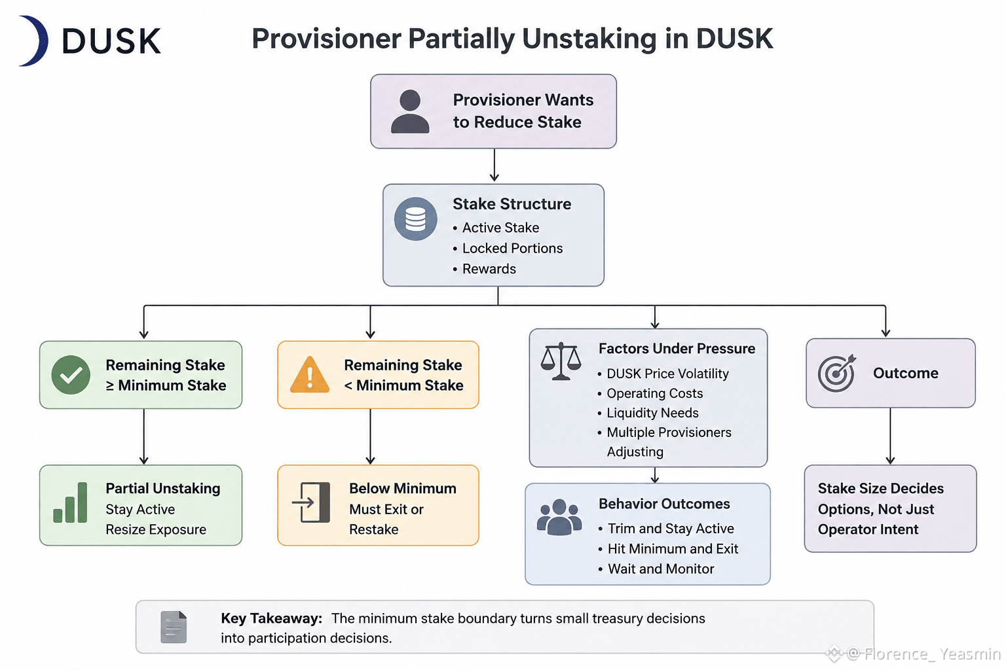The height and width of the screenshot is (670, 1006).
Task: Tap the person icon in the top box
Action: (410, 112)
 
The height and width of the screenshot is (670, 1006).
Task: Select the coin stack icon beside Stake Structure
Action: (415, 219)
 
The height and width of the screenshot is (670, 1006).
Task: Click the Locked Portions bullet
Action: (508, 248)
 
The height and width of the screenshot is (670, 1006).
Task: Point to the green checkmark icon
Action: (71, 375)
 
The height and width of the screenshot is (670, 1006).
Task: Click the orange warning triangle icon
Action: (310, 375)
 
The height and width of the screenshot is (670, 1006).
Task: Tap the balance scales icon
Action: (561, 361)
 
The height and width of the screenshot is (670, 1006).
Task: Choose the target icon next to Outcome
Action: (836, 374)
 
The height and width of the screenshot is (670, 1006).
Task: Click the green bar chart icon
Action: (71, 502)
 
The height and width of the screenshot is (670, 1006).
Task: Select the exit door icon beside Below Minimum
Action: (311, 502)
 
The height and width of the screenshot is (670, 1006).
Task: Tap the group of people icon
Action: (559, 517)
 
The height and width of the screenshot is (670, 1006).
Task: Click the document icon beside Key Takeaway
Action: (174, 627)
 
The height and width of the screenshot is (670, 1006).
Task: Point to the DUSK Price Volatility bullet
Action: (663, 374)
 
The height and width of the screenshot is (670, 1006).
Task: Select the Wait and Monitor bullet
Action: (656, 569)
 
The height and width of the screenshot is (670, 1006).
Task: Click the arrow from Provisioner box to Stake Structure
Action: (494, 165)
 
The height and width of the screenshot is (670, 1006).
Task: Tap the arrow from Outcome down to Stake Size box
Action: (891, 436)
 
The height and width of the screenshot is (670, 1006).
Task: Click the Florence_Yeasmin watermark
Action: (914, 654)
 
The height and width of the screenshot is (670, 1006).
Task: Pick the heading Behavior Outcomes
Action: (664, 504)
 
